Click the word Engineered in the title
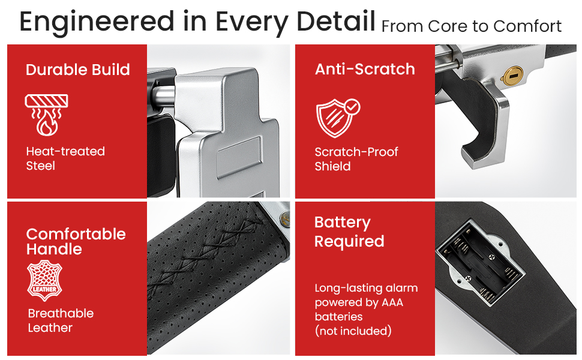point(97,22)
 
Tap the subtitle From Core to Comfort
point(472,26)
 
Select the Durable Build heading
point(78,70)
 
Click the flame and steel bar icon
point(46,115)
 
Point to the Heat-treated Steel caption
point(65,158)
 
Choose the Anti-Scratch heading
point(365,69)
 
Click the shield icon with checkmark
point(338,118)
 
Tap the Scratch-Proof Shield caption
point(356,159)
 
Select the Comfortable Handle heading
point(76,241)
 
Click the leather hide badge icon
point(44,280)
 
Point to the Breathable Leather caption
point(61,320)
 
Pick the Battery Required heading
point(349,232)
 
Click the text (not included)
point(353,331)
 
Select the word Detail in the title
point(336,21)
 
